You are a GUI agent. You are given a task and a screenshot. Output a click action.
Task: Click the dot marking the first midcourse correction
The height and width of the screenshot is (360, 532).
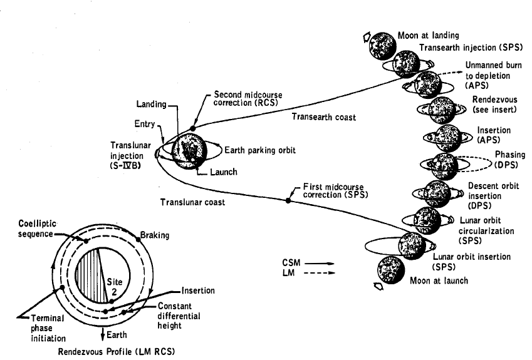(289, 200)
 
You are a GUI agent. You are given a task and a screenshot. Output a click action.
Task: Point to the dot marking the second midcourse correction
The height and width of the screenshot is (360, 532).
(193, 128)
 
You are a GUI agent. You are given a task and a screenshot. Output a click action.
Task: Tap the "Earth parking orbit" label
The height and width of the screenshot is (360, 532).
(255, 151)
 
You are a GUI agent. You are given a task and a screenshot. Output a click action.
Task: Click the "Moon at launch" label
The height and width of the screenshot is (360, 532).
(439, 280)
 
